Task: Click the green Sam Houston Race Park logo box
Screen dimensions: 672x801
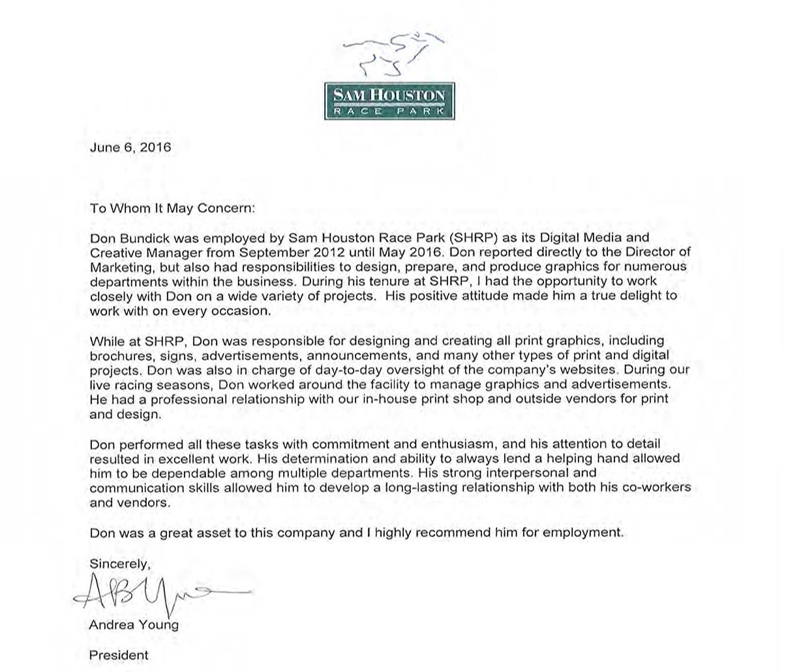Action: (389, 101)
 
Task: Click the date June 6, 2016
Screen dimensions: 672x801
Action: (130, 147)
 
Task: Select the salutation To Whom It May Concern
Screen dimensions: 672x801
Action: (173, 208)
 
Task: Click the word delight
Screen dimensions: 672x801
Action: (639, 296)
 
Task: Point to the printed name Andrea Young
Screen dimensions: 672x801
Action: (134, 625)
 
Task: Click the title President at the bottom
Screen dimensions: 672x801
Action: (119, 655)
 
